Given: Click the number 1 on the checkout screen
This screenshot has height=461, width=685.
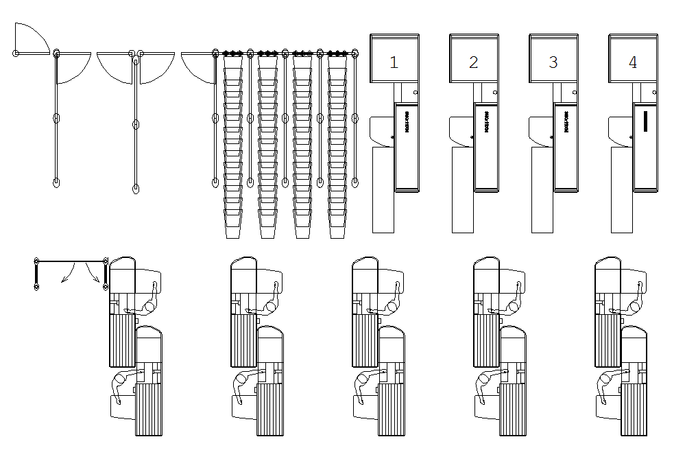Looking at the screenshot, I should pos(394,62).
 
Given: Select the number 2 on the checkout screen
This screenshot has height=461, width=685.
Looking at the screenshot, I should pos(473,62).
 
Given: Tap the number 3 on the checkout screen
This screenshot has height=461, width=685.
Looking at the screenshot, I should pos(553,62).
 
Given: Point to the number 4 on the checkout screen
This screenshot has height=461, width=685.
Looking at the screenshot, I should pos(633,62).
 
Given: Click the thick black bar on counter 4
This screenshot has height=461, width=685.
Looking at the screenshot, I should pos(645,120).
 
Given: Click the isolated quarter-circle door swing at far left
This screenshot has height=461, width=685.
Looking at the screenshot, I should pos(30,38).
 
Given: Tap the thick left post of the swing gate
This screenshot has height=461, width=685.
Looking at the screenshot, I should pos(36,275).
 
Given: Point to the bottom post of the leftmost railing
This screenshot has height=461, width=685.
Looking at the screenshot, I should pos(56,182).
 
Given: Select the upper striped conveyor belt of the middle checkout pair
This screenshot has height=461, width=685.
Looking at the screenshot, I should pos(365,340).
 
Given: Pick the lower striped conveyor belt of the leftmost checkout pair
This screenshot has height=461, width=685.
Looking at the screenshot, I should pos(150,410).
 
